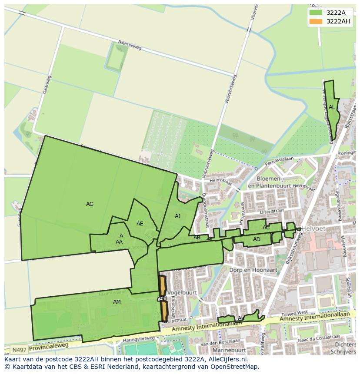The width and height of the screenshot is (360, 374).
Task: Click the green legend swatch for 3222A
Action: point(316,12)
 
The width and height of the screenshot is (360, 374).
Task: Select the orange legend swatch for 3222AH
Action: point(316,21)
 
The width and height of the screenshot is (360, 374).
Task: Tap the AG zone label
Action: point(90,204)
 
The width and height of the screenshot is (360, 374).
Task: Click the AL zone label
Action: point(332,107)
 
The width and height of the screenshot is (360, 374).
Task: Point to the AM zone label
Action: point(117,301)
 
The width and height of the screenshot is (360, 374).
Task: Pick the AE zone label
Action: point(140,224)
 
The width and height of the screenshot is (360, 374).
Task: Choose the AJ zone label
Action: point(177,216)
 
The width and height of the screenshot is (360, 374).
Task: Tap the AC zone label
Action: point(266,228)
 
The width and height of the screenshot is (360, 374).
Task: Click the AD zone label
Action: point(257,239)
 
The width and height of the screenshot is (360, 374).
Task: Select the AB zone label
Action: point(197,238)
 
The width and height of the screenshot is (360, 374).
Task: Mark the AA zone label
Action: point(119,242)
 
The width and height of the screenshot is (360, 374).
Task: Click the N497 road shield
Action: point(19,350)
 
